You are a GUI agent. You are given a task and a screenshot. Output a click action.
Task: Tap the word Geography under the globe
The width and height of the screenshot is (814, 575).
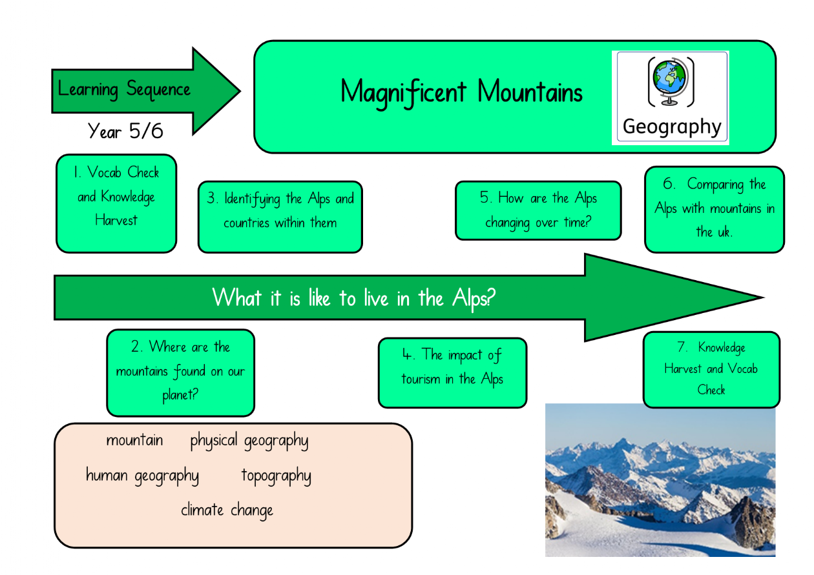click(672, 127)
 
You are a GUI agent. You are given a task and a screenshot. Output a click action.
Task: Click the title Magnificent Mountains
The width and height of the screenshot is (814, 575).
click(461, 93)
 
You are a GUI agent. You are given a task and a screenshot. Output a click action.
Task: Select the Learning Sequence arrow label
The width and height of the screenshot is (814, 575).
click(124, 89)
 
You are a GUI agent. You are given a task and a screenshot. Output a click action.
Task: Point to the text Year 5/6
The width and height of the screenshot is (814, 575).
click(125, 131)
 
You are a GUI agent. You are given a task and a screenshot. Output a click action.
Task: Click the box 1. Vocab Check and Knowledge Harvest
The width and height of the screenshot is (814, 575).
click(116, 203)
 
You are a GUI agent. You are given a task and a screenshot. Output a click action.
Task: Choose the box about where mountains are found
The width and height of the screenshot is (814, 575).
click(181, 373)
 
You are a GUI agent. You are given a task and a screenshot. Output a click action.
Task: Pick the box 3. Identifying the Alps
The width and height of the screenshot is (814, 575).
click(280, 217)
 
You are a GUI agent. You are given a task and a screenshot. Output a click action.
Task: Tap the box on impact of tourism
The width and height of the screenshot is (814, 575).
click(452, 373)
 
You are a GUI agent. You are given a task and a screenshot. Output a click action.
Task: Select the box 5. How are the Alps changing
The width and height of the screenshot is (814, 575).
click(538, 210)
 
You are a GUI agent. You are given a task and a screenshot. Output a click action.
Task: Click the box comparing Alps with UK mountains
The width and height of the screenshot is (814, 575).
click(715, 210)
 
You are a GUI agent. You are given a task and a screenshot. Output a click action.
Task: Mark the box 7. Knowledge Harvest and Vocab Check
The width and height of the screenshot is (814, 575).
click(711, 370)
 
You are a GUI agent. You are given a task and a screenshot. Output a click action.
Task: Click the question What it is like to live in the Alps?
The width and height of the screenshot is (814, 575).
click(353, 298)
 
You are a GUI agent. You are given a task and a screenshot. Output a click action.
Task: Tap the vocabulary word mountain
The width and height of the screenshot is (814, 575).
click(134, 440)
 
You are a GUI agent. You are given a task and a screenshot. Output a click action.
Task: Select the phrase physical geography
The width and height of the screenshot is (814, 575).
click(249, 441)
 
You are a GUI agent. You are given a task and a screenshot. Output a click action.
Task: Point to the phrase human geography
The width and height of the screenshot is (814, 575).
click(142, 476)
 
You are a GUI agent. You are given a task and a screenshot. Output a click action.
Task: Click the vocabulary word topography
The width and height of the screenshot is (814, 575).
click(277, 476)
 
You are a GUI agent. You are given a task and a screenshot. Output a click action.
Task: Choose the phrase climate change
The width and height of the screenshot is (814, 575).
click(227, 510)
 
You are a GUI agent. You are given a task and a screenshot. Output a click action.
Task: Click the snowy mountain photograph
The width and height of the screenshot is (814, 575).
click(660, 480)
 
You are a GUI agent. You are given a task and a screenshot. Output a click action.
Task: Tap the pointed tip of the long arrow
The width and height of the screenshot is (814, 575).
click(764, 298)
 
